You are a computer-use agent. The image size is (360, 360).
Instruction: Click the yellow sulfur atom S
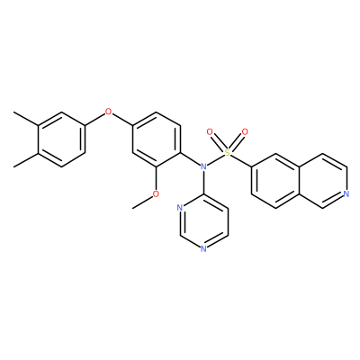tap(228, 153)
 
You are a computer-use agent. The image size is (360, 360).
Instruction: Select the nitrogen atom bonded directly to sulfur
tap(203, 166)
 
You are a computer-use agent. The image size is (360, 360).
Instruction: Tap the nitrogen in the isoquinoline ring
tap(346, 193)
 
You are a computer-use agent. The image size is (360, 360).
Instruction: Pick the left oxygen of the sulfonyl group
tap(210, 131)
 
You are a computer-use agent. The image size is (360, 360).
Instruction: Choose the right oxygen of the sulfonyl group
tap(245, 131)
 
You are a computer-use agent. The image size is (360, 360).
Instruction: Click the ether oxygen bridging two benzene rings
tap(109, 112)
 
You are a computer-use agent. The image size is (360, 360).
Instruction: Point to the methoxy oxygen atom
tap(156, 194)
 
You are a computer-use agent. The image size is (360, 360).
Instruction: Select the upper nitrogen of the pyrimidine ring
tap(180, 208)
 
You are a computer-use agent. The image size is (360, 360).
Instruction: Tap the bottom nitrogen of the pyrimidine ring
tap(203, 248)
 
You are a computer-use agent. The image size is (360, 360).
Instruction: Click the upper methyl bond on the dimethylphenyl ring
tap(26, 119)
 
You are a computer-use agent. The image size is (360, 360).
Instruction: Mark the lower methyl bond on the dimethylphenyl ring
tap(26, 160)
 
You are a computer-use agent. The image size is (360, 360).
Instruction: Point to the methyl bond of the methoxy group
tap(142, 202)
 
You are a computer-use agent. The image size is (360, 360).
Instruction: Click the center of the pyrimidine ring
tap(203, 221)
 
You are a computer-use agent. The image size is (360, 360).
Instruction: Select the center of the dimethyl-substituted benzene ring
tap(61, 139)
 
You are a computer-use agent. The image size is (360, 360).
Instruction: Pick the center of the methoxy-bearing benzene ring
tap(157, 139)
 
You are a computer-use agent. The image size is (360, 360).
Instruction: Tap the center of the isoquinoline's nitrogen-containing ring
tap(323, 180)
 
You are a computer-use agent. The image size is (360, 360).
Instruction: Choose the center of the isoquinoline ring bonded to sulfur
tap(275, 180)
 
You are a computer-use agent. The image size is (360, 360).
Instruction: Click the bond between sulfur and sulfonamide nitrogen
tap(216, 159)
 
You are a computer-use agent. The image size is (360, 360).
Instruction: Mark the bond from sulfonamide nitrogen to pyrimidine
tap(203, 182)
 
